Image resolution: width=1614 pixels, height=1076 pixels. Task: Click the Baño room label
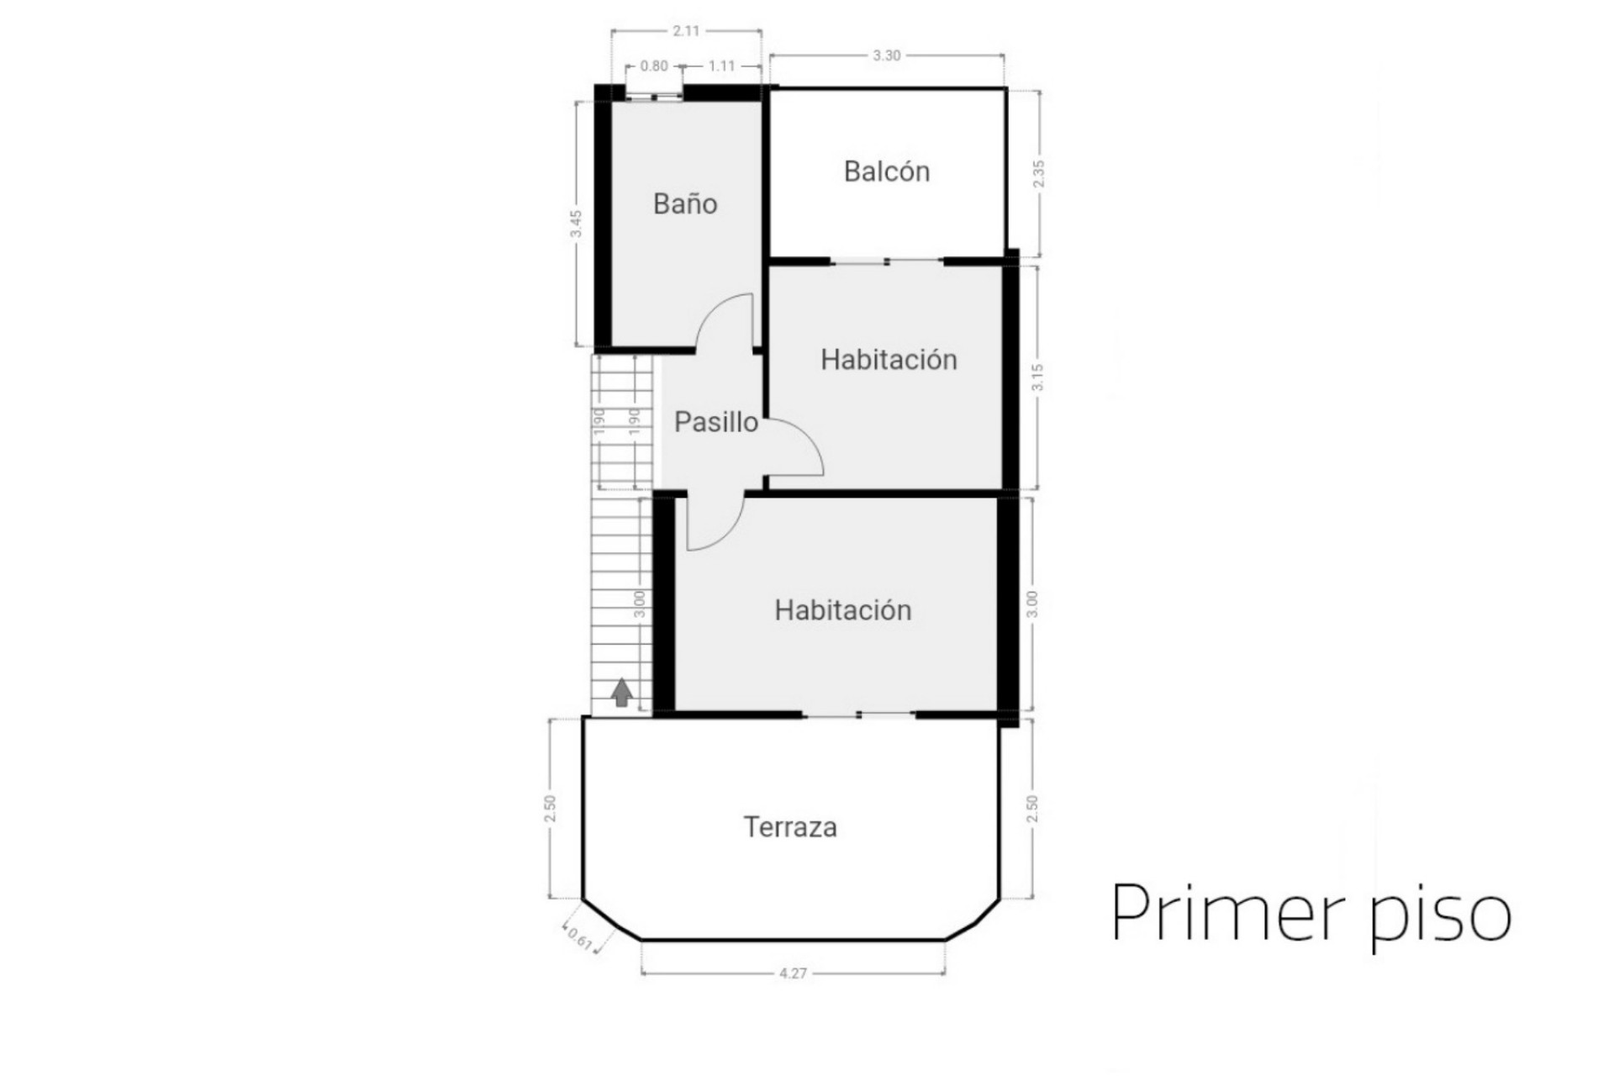[x=685, y=204]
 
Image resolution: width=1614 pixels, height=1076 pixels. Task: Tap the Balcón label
[x=887, y=171]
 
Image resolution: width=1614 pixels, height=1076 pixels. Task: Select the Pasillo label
[x=716, y=422]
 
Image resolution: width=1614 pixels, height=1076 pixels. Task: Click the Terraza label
[x=790, y=827]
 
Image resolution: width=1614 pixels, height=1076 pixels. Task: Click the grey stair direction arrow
[x=621, y=693]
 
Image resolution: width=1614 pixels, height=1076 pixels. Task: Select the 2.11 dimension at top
[x=686, y=31]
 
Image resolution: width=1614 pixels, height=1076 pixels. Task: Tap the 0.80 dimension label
[x=654, y=66]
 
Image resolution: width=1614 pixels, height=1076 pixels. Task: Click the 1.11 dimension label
[x=721, y=66]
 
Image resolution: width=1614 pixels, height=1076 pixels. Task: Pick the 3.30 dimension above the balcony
[x=886, y=55]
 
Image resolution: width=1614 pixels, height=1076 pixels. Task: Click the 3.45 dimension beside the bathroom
[x=577, y=224]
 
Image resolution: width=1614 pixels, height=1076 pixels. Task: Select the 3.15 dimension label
[x=1038, y=377]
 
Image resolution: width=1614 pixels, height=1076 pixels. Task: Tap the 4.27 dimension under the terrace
[x=793, y=973]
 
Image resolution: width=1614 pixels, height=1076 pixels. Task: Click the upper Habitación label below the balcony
[x=889, y=360]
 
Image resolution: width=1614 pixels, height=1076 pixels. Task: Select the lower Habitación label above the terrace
[x=843, y=610]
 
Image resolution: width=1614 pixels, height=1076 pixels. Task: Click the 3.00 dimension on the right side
[x=1033, y=604]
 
